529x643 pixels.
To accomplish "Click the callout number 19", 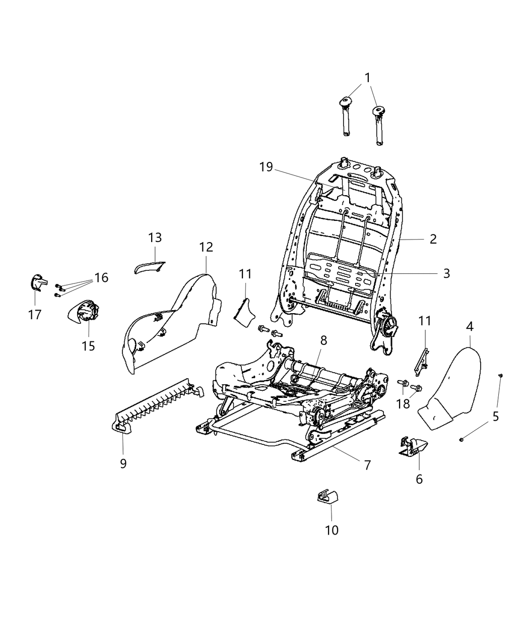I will tap(266, 167).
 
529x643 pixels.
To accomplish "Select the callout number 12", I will tap(206, 247).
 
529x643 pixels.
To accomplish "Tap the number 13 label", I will tap(155, 238).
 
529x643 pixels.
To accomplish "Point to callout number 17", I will tap(34, 315).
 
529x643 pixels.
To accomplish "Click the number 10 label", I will tap(332, 530).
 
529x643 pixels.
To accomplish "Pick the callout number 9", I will tap(123, 463).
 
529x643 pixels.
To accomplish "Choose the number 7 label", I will tap(367, 464).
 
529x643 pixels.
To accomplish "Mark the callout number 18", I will tap(403, 404).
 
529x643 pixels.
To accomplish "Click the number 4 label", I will tap(470, 326).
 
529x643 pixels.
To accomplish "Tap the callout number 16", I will tap(101, 277).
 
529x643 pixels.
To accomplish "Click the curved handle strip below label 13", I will tap(150, 266).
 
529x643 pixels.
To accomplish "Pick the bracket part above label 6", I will tap(414, 446).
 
